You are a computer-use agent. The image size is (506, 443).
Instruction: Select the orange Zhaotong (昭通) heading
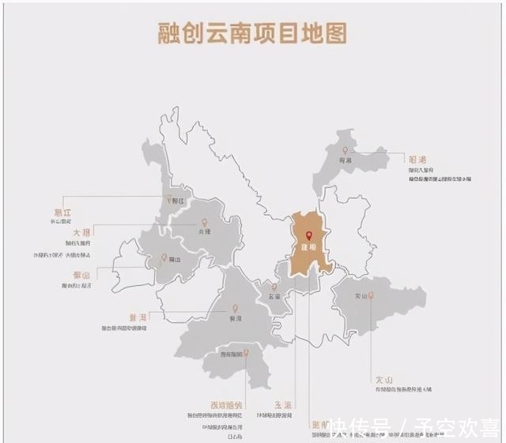(x=417, y=159)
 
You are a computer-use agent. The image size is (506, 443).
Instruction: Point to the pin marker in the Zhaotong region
(x=345, y=151)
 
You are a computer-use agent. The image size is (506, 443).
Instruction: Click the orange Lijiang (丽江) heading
(x=61, y=212)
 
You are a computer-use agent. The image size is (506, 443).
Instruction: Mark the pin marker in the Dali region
(x=205, y=223)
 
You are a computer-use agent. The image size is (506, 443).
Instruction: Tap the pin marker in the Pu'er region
(x=234, y=310)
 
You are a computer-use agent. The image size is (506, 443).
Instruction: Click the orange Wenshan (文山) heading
(x=385, y=379)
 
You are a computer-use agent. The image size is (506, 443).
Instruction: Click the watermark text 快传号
(x=360, y=428)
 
